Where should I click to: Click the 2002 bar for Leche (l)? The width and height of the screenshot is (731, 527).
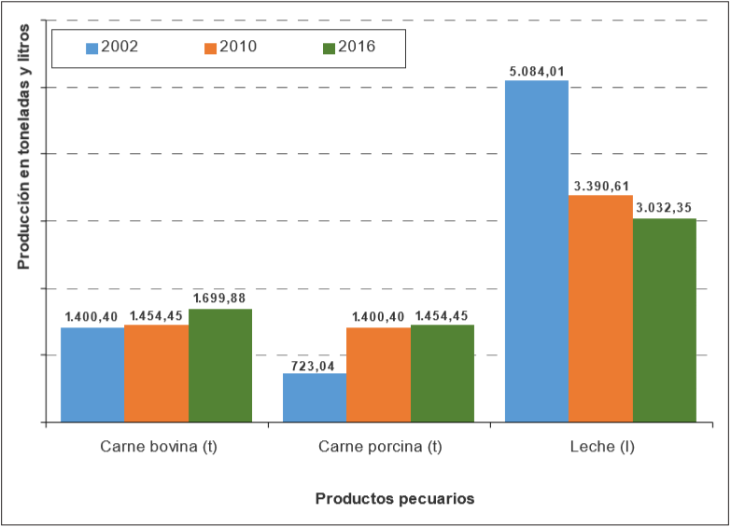(537, 251)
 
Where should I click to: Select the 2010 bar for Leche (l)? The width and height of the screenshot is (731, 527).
(600, 308)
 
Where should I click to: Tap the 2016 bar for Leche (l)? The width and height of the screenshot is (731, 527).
(665, 320)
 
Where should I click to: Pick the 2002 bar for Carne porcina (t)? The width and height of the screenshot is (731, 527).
(315, 397)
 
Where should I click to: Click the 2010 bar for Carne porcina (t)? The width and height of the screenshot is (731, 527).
(378, 374)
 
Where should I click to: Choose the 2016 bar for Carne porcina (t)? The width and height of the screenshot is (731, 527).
(442, 373)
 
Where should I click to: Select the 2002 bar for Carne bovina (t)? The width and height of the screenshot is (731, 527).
(92, 374)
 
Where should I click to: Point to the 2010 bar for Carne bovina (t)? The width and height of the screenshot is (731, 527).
(156, 373)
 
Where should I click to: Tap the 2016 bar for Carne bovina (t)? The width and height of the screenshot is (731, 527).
(220, 365)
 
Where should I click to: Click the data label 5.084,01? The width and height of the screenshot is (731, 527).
(537, 71)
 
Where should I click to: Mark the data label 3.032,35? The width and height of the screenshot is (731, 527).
(666, 208)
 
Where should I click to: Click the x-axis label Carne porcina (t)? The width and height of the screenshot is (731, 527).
(380, 447)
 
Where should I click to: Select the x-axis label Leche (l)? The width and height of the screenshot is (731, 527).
(601, 447)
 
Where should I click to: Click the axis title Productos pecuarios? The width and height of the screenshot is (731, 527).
(395, 498)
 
